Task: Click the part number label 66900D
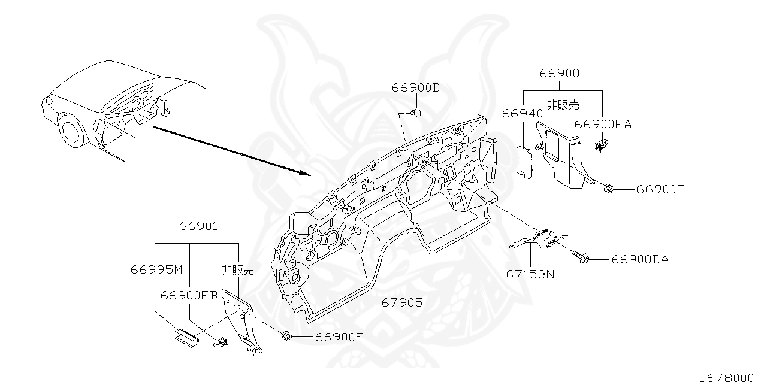point(415,88)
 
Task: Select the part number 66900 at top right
point(559,74)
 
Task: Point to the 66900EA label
point(602,124)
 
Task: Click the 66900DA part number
point(639,259)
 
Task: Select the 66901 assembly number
point(198,226)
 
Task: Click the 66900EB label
point(188,295)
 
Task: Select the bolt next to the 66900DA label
point(582,258)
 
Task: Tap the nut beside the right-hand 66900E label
point(607,189)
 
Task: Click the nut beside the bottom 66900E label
point(286,336)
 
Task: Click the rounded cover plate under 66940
point(525,161)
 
